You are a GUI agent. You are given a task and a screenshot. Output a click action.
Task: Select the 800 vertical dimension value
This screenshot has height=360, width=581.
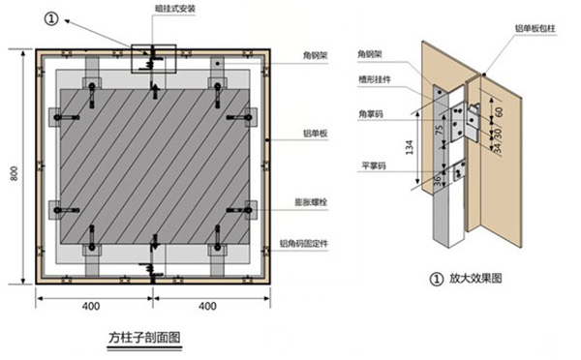14,172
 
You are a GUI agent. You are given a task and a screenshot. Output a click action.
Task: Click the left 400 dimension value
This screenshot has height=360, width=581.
91,307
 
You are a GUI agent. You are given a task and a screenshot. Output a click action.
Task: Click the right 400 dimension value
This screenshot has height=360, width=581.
206,307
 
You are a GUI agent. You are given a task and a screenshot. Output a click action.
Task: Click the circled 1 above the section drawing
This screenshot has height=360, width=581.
51,16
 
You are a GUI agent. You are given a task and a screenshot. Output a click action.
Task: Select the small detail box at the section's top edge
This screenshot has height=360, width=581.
149,55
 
